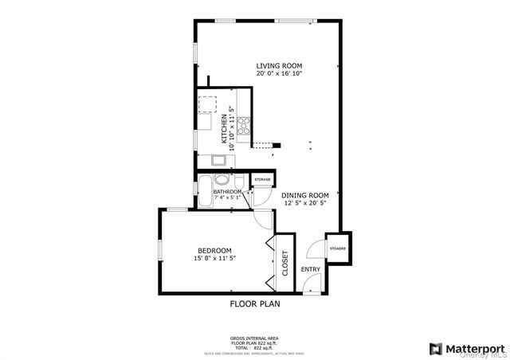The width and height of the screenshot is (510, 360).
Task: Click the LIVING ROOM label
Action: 279,65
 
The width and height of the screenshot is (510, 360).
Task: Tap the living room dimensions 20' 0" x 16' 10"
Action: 279,73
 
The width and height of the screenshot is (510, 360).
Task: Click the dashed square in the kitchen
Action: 206,105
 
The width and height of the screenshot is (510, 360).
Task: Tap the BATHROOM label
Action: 227,192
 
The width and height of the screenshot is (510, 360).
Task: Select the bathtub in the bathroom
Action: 203,194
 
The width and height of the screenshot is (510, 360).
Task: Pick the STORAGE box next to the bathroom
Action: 262,181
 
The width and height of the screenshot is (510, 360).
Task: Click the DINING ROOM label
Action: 305,195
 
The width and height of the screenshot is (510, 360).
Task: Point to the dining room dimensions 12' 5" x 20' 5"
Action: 305,203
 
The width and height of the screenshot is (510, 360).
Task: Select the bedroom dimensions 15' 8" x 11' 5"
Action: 214,257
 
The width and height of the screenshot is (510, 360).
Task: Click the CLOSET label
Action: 285,263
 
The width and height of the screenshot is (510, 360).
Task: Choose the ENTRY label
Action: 310,269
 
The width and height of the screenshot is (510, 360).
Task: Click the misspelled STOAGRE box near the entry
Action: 338,248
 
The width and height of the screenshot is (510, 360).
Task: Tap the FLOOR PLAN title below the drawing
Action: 255,303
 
